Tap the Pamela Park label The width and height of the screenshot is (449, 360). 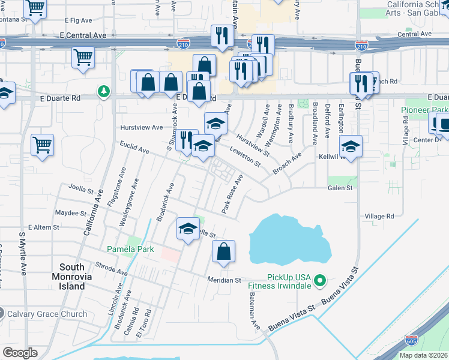tap(130, 249)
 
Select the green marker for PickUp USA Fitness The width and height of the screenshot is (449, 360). tap(320, 280)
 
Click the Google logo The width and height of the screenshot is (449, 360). tap(20, 353)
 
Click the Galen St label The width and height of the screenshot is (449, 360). tap(340, 188)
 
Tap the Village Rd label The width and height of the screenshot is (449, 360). tap(379, 216)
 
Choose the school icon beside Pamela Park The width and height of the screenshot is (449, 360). tap(188, 229)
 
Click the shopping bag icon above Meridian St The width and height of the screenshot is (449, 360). tap(223, 252)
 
